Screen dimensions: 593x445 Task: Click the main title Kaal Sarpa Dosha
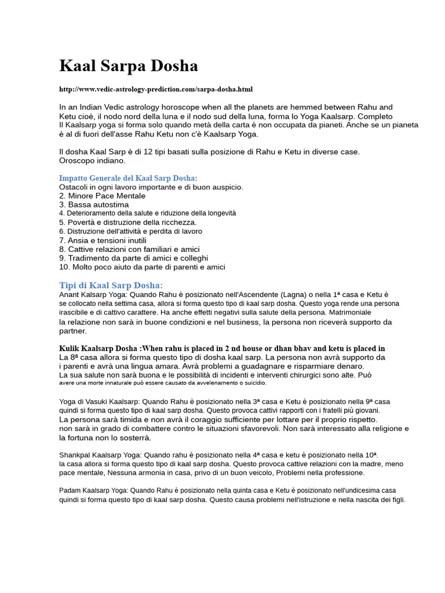point(128,66)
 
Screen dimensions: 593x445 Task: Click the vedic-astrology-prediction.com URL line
point(156,89)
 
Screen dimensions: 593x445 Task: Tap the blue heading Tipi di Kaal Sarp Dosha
point(111,285)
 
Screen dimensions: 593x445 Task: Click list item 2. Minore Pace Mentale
point(102,196)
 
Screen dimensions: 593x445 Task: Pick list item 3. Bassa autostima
point(94,204)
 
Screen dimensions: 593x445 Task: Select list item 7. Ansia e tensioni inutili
point(103,240)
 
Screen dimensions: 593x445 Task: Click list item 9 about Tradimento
point(133,258)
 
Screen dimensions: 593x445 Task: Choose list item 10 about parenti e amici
point(142,267)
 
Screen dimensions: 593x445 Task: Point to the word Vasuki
point(93,401)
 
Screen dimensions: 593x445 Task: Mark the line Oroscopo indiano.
point(92,160)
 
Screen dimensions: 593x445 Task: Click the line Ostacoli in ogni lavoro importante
point(151,187)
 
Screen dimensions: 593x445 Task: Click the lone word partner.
point(73,331)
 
